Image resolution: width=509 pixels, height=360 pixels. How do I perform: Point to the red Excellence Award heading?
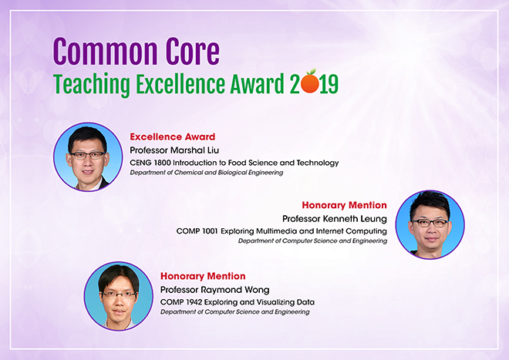[x=173, y=136]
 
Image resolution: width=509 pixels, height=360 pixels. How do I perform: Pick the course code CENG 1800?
[x=150, y=163]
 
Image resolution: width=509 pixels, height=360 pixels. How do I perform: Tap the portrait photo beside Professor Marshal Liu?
[x=86, y=156]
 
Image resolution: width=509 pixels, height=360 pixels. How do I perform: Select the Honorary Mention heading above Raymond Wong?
[x=203, y=276]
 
